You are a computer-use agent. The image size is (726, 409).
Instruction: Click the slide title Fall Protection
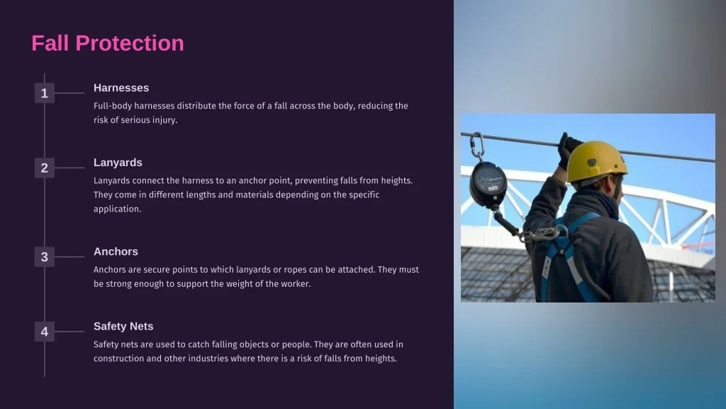(x=108, y=43)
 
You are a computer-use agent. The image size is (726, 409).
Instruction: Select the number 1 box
(x=45, y=93)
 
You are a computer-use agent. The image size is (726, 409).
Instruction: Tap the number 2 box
(x=45, y=168)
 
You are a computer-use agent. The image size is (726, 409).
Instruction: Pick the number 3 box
(x=45, y=257)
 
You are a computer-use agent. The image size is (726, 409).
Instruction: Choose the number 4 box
(x=45, y=332)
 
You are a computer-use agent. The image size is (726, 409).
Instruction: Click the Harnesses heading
(x=121, y=87)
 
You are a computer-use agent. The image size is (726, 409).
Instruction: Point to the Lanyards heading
(x=118, y=163)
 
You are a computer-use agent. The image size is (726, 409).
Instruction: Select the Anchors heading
(x=116, y=251)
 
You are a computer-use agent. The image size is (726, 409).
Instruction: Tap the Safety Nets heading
(x=123, y=327)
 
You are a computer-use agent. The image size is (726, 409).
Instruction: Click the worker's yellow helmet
(x=597, y=161)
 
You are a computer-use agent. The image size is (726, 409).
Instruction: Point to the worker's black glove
(x=568, y=149)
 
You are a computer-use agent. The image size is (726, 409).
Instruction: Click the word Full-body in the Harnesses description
(x=113, y=106)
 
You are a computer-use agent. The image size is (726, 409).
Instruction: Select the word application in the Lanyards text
(x=117, y=209)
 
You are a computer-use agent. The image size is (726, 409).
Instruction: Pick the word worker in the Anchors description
(x=297, y=283)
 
